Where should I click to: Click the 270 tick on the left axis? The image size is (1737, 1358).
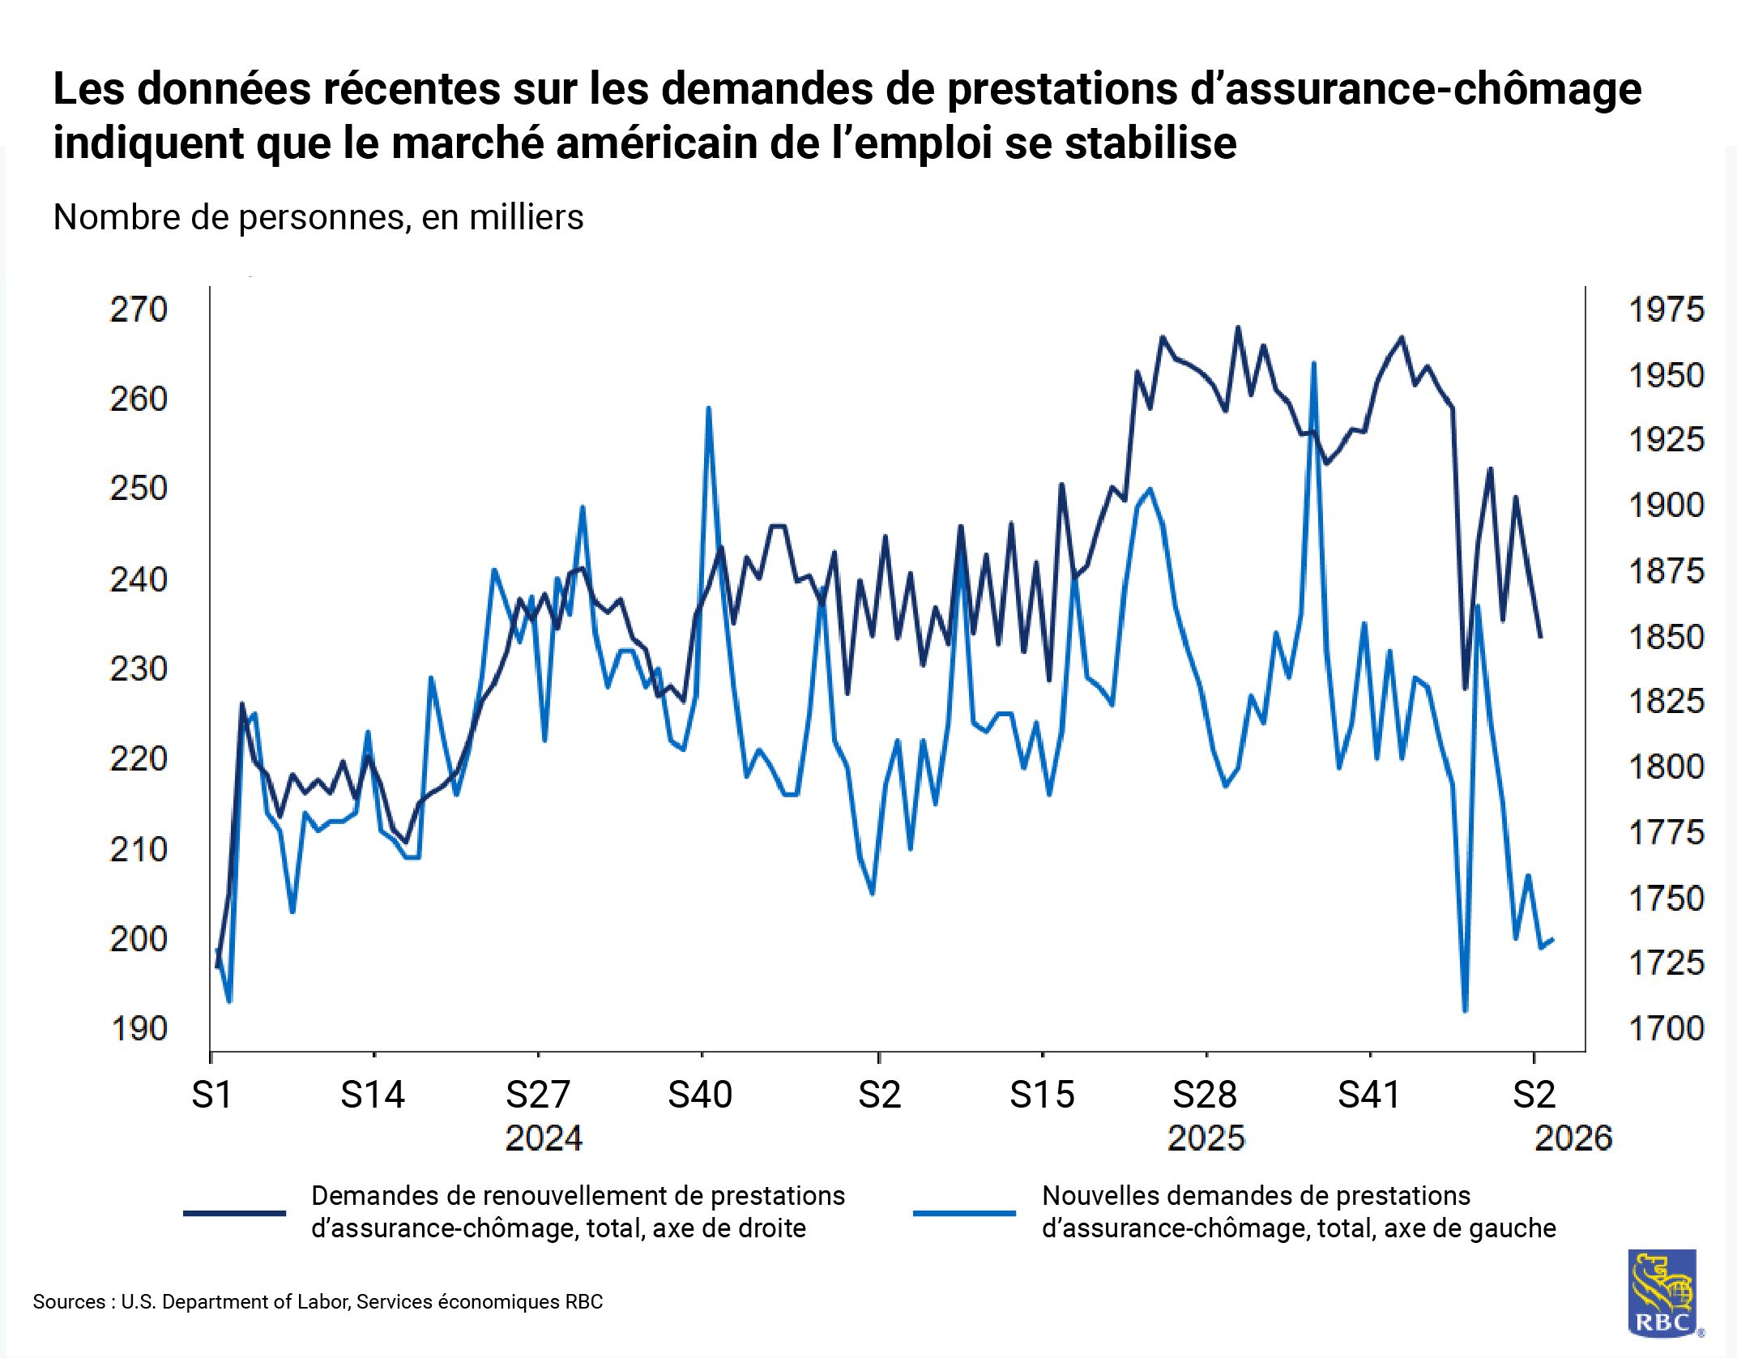click(x=139, y=310)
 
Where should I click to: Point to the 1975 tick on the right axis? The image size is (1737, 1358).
click(x=1666, y=310)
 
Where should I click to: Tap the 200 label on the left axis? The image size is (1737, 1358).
click(x=139, y=939)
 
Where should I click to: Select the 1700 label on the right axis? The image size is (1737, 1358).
click(x=1666, y=1029)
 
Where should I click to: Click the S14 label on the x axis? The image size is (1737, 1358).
click(x=373, y=1095)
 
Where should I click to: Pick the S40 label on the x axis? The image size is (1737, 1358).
click(x=700, y=1095)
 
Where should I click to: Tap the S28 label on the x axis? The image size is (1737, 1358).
click(x=1205, y=1095)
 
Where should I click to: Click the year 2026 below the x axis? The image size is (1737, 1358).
click(x=1573, y=1138)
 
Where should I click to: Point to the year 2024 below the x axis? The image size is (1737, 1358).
click(x=544, y=1138)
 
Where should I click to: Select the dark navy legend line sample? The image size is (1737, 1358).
click(x=235, y=1213)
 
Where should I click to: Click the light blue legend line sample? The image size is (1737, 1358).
click(x=964, y=1213)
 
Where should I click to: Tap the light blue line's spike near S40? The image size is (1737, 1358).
click(x=709, y=408)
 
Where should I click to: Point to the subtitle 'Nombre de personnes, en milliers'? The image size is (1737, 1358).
click(x=318, y=217)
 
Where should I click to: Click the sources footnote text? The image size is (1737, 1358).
click(x=318, y=1302)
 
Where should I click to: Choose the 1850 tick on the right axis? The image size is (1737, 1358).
click(x=1666, y=637)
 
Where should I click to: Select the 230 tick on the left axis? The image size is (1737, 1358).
click(x=139, y=669)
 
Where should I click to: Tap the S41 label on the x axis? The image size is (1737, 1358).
click(x=1369, y=1095)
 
